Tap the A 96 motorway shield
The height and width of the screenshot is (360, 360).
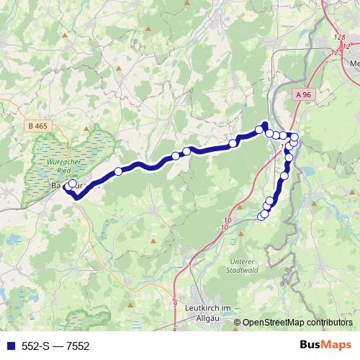303,94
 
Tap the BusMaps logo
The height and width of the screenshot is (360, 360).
323,345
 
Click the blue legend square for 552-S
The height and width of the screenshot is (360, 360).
7,346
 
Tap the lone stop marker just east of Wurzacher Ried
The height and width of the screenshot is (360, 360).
118,171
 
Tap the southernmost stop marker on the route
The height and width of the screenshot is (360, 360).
262,216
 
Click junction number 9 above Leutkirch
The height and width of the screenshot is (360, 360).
175,304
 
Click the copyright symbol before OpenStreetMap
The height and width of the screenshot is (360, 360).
238,323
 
